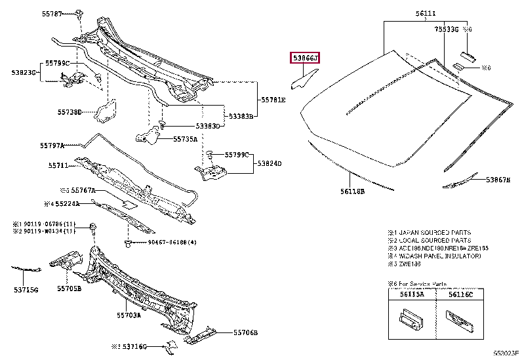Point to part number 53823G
click(x=23, y=72)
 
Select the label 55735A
click(x=186, y=139)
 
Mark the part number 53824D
click(x=269, y=163)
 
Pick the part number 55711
click(x=57, y=166)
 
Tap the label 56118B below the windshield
click(x=352, y=191)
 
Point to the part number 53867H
click(x=498, y=179)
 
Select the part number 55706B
click(x=246, y=332)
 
